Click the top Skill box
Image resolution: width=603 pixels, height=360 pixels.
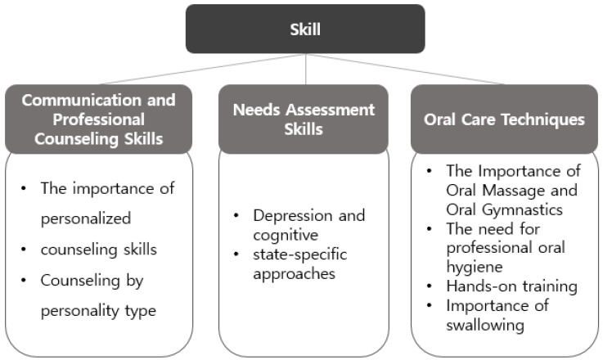point(305,29)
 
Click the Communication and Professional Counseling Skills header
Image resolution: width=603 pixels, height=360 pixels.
point(99,119)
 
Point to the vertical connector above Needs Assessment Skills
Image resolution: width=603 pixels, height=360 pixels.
point(305,69)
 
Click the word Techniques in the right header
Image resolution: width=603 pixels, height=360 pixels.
point(545,119)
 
